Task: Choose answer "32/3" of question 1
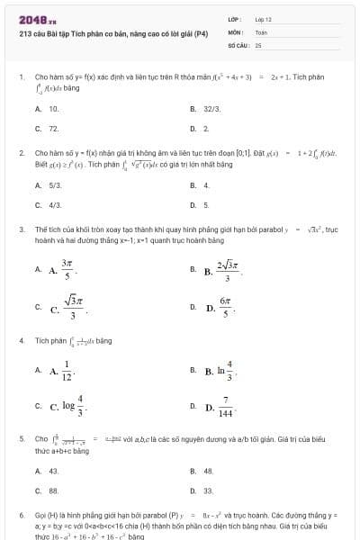tap(212, 108)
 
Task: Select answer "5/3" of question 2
tap(55, 185)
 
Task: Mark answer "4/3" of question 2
tap(55, 205)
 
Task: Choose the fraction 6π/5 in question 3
tap(226, 308)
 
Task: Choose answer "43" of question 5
tap(54, 471)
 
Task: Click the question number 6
tap(21, 518)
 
